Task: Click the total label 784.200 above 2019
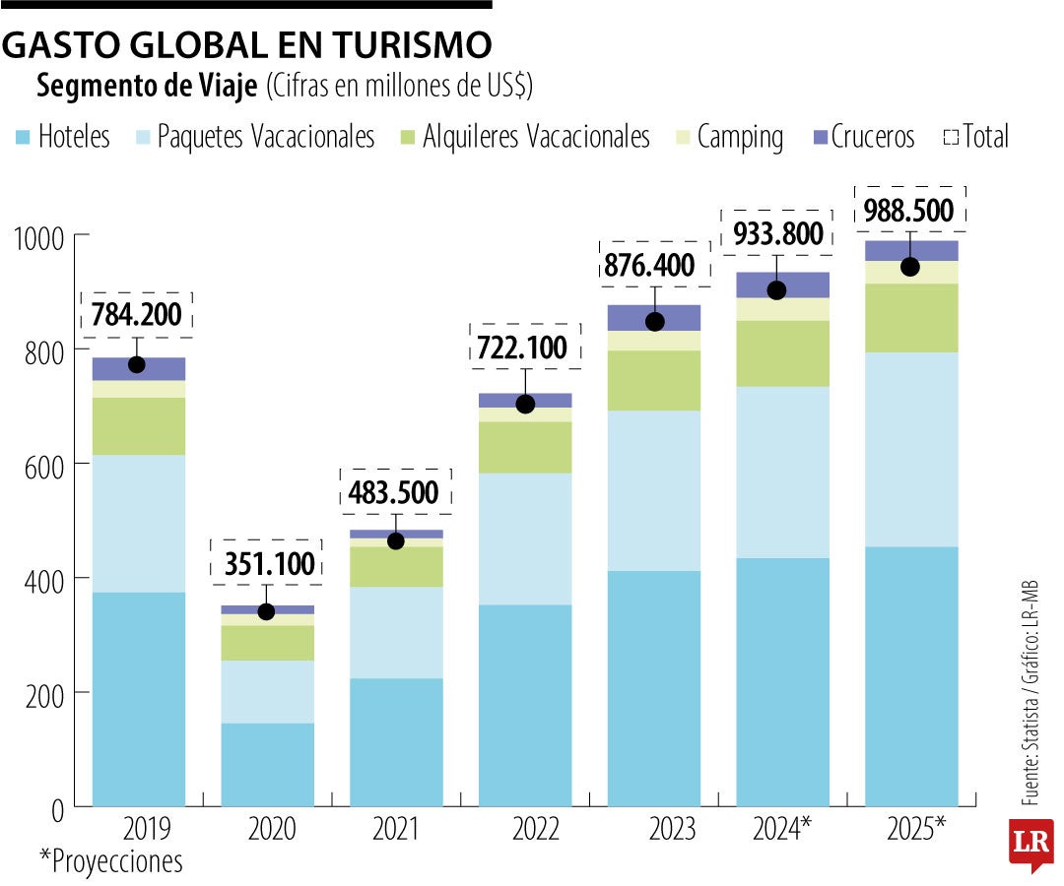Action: coord(137,315)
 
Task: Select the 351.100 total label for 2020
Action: coord(267,563)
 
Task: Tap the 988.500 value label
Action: coord(909,211)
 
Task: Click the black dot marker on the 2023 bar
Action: coord(654,322)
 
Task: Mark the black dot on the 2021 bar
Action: coord(396,540)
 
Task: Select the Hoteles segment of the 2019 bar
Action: coord(139,699)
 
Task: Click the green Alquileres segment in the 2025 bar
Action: coord(911,318)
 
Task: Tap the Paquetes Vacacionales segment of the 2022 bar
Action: coord(525,538)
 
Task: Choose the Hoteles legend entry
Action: coord(63,137)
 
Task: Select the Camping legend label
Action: coord(739,137)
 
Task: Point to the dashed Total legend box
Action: coord(951,137)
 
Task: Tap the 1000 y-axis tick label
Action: coord(38,236)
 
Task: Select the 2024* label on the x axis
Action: coord(781,830)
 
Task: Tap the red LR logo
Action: coord(1031,843)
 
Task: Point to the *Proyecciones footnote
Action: coord(110,861)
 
